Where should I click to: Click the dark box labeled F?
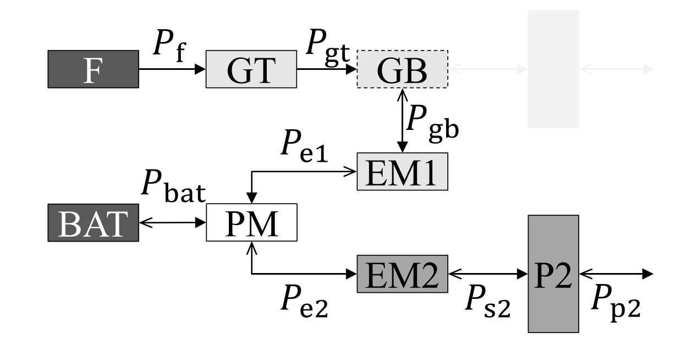click(93, 69)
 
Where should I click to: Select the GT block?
click(251, 69)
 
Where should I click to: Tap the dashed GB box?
click(403, 69)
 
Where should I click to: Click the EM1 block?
click(403, 171)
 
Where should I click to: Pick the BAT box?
click(93, 223)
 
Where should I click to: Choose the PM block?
click(251, 223)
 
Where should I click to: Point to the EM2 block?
click(403, 274)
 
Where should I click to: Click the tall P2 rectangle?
click(553, 274)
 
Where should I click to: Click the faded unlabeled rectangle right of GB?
click(553, 69)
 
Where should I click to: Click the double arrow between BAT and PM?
click(172, 223)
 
